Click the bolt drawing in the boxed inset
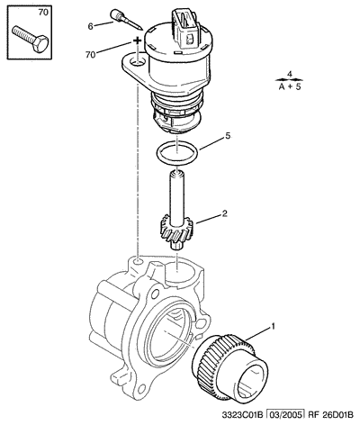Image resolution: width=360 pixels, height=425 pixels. coord(31,40)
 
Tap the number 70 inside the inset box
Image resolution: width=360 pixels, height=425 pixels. coord(43,13)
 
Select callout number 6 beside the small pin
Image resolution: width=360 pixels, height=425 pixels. coord(91,26)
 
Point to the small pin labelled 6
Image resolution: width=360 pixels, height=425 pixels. coord(126,20)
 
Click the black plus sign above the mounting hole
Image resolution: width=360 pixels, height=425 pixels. coord(137,41)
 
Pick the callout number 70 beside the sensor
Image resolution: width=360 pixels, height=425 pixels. coord(90,55)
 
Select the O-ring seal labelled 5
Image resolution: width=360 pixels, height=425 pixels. coord(177,153)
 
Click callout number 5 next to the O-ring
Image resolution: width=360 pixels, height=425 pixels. coord(228,136)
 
